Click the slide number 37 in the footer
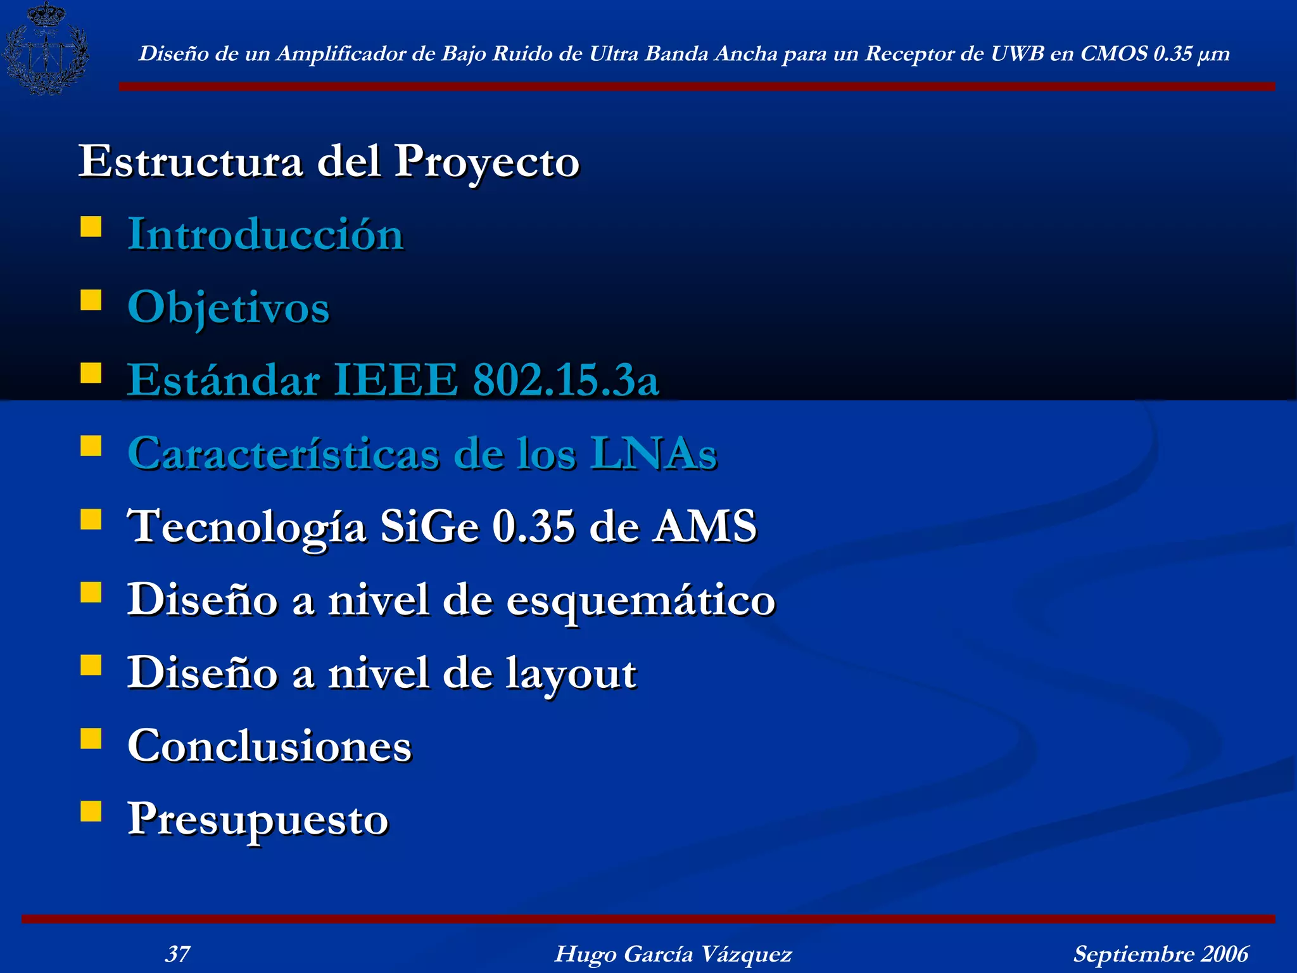(x=177, y=953)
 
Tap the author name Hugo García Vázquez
(x=673, y=953)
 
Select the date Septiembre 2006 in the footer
(x=1160, y=953)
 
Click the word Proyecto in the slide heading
(x=486, y=162)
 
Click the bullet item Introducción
(x=265, y=234)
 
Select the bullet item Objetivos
(x=228, y=308)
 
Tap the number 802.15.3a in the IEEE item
(x=566, y=380)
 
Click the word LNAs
(x=654, y=454)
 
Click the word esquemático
(x=640, y=601)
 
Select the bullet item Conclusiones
(x=269, y=746)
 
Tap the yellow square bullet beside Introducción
(x=91, y=226)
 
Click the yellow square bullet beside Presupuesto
(x=91, y=811)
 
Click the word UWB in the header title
(x=1017, y=54)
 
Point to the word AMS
(x=705, y=526)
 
